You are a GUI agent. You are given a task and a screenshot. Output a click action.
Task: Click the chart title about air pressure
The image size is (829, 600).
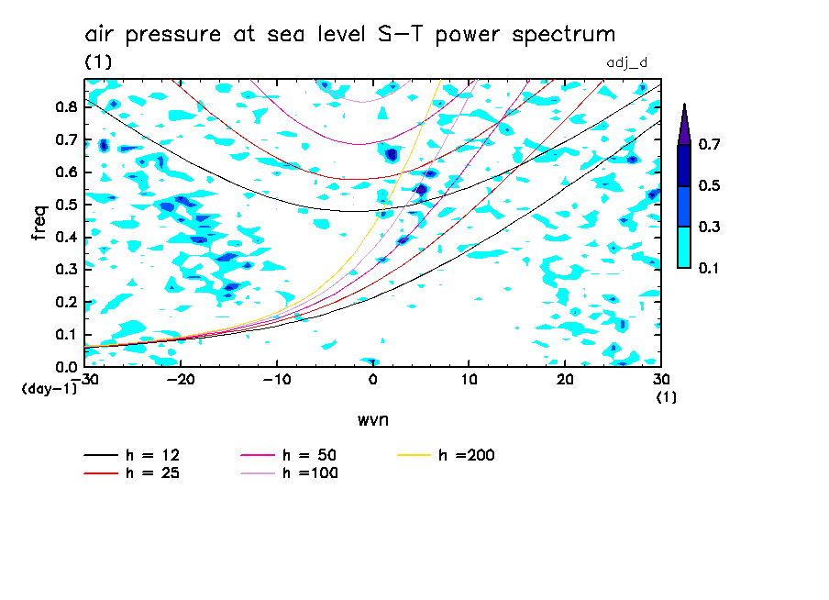click(x=349, y=35)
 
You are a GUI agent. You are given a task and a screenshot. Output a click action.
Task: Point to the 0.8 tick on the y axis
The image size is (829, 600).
click(x=65, y=106)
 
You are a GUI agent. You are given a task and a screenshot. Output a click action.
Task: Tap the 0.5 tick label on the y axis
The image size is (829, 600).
click(x=65, y=205)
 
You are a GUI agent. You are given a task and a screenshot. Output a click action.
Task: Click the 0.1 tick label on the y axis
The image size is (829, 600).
click(x=65, y=335)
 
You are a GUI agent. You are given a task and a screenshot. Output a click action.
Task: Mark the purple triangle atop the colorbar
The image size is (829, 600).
click(x=684, y=124)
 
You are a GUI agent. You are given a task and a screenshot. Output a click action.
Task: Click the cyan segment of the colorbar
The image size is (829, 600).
click(x=684, y=247)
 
